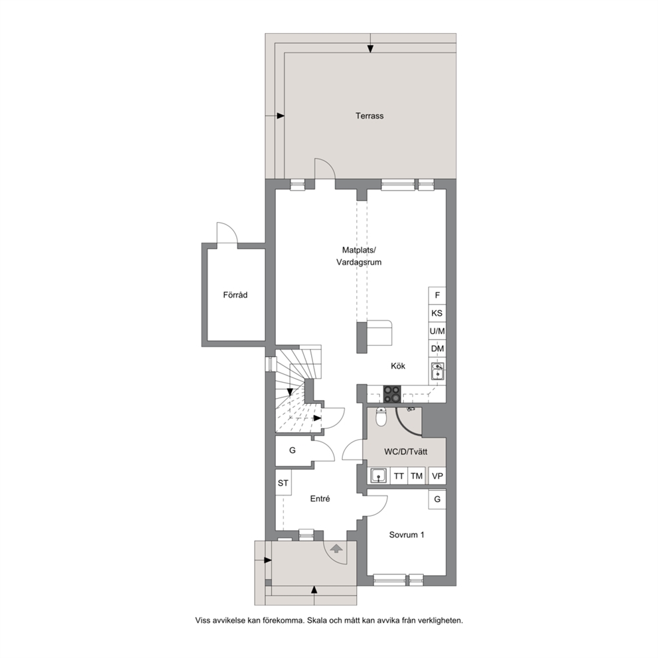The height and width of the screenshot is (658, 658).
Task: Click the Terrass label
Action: (369, 116)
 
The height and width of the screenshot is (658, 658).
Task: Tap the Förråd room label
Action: (235, 295)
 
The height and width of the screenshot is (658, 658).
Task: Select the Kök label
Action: (398, 366)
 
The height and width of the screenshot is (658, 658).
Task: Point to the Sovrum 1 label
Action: (406, 535)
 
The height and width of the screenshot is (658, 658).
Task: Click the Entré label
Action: (320, 499)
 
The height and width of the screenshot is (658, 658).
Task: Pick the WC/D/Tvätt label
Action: (406, 452)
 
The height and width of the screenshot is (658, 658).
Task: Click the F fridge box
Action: (437, 295)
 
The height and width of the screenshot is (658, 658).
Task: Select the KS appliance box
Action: (437, 313)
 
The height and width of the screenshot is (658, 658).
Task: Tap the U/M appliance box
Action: (437, 331)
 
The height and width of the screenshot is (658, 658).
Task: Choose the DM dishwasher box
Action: (437, 349)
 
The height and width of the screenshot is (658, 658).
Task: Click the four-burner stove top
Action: (393, 394)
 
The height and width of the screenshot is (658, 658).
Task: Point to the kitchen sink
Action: (437, 371)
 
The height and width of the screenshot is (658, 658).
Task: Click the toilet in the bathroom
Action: (381, 417)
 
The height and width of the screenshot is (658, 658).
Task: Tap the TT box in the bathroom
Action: (399, 476)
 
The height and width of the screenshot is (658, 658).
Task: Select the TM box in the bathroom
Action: (417, 476)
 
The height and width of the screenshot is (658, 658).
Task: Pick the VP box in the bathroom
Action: (437, 476)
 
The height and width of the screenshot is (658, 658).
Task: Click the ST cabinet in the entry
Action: (283, 483)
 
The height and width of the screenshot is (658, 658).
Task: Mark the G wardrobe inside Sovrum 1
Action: (437, 499)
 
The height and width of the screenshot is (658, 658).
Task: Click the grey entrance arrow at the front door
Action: (336, 548)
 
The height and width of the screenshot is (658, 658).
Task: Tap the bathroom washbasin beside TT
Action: (379, 476)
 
